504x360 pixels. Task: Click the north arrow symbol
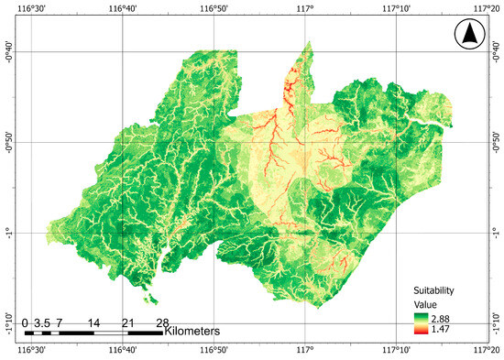click(468, 36)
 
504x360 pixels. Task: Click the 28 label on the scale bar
click(162, 322)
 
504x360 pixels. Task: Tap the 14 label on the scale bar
click(93, 322)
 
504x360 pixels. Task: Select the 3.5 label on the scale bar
click(41, 322)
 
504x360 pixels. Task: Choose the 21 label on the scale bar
click(127, 322)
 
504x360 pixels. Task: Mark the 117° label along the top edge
click(304, 7)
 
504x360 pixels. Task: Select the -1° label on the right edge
click(498, 233)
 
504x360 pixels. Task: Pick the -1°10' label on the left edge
click(7, 323)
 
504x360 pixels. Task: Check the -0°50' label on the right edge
click(498, 142)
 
